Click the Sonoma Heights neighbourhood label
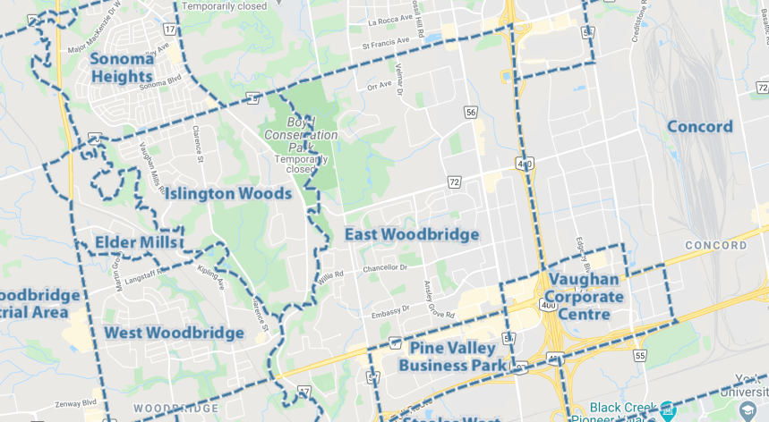[x=121, y=68]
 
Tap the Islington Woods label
[x=226, y=193]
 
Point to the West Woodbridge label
[x=174, y=333]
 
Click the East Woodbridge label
[x=411, y=234]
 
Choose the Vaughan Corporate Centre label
[x=585, y=297]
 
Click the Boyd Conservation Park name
[x=301, y=134]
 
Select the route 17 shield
[x=169, y=29]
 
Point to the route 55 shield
[x=639, y=355]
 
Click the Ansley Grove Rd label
[x=438, y=300]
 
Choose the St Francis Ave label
[x=385, y=41]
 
